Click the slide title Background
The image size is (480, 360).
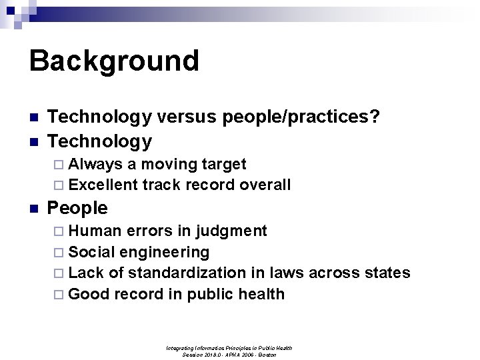(114, 61)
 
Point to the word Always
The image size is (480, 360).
(95, 164)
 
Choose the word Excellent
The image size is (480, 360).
(103, 185)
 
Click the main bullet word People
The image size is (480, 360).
(78, 208)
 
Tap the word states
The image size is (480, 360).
(386, 273)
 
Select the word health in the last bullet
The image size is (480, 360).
(261, 294)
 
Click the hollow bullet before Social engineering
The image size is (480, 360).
(59, 252)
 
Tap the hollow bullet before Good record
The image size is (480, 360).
(59, 294)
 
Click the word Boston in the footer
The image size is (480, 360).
(266, 355)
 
